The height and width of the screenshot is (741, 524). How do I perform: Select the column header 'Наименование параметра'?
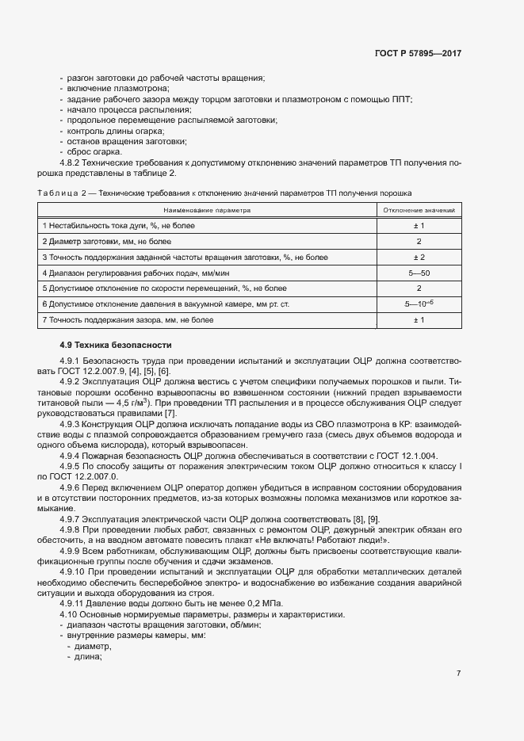(x=207, y=211)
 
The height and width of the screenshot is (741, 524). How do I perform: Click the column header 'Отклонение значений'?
(x=419, y=211)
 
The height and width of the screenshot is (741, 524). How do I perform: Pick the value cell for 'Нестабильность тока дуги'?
(x=419, y=226)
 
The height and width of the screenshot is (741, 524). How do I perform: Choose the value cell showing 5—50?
(x=419, y=273)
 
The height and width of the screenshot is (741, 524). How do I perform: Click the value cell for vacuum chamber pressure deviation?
(x=419, y=304)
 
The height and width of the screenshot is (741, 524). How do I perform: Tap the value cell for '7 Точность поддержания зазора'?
(x=419, y=319)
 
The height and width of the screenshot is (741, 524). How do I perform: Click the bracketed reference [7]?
(x=170, y=414)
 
